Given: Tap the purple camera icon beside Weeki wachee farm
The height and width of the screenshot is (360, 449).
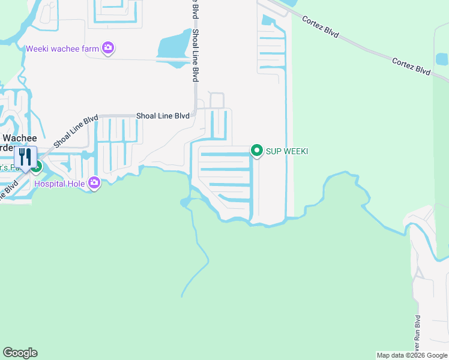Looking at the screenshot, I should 108,48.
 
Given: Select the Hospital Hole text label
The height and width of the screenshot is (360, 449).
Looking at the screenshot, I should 60,184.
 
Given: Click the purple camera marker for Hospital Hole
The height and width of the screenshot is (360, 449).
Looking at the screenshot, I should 94,182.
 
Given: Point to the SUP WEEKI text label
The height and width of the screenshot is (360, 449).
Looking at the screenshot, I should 287,151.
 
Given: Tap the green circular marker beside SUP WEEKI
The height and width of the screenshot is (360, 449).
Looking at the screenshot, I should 257,150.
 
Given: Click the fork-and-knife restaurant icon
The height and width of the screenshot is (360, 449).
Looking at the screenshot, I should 25,157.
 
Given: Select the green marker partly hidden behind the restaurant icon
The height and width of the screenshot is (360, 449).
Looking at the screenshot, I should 37,167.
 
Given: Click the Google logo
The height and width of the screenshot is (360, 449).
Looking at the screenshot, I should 20,353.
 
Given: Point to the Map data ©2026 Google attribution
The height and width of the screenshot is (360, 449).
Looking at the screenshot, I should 412,355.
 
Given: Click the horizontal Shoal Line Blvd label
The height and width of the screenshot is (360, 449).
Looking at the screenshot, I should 163,116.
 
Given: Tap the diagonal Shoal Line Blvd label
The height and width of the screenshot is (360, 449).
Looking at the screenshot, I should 76,131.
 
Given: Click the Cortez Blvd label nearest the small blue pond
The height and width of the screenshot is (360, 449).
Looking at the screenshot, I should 411,66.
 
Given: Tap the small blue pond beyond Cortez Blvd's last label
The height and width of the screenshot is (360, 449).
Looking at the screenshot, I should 442,59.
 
